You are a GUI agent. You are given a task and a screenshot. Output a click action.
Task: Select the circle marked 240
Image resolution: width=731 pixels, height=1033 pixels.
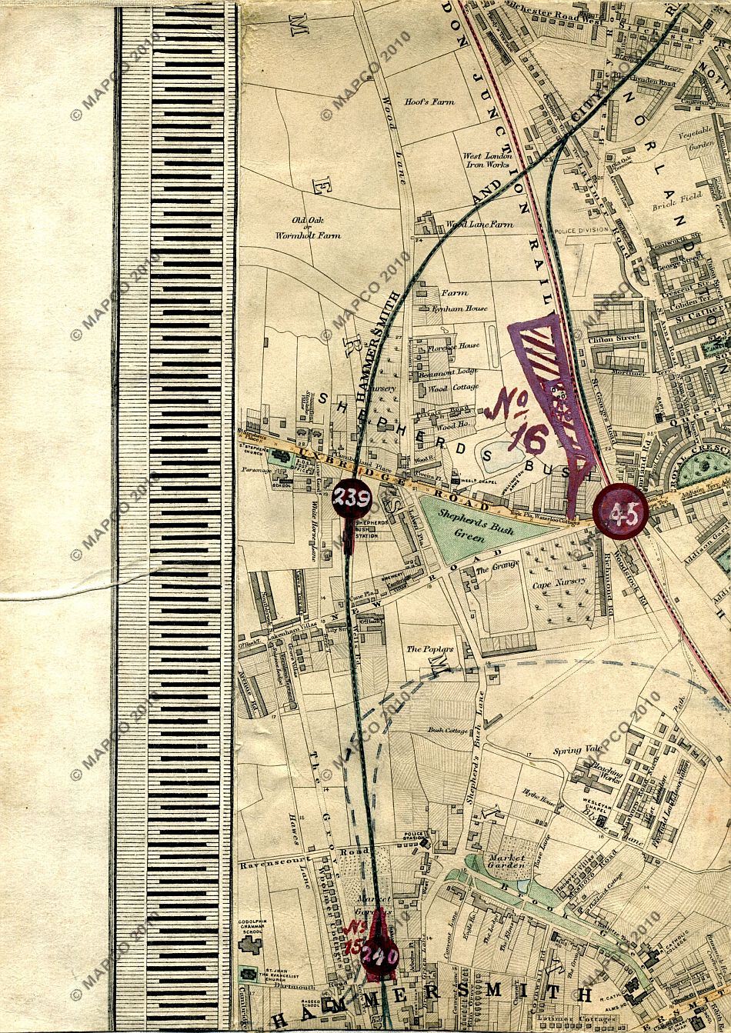pyautogui.click(x=380, y=957)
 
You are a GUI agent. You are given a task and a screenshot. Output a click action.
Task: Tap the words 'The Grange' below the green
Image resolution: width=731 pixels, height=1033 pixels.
pyautogui.click(x=493, y=570)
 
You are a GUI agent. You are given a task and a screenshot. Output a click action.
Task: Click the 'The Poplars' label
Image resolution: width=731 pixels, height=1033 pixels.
pyautogui.click(x=430, y=649)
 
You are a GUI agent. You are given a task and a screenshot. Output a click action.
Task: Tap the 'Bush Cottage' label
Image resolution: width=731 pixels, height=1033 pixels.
pyautogui.click(x=449, y=730)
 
